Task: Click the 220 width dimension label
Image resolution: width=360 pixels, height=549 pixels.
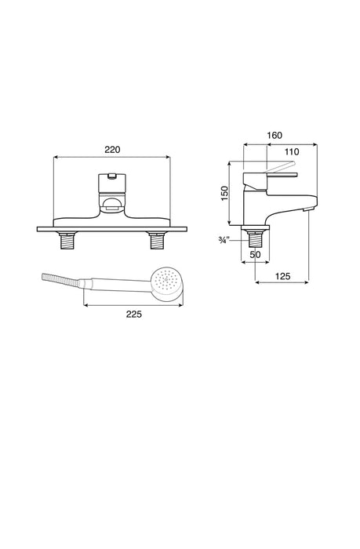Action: pyautogui.click(x=112, y=150)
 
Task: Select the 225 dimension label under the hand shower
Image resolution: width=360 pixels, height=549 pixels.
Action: pyautogui.click(x=134, y=314)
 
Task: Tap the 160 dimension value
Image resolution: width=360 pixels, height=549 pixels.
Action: pyautogui.click(x=275, y=135)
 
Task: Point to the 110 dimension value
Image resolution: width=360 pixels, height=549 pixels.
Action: pyautogui.click(x=292, y=151)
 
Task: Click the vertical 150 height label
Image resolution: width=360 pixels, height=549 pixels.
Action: pyautogui.click(x=224, y=193)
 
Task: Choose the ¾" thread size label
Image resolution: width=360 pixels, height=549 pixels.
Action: pyautogui.click(x=224, y=240)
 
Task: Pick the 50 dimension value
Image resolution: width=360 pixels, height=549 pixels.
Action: pyautogui.click(x=255, y=255)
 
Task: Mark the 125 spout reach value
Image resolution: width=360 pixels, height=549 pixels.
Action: pyautogui.click(x=282, y=276)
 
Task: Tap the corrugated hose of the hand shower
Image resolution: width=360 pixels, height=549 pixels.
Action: pyautogui.click(x=60, y=279)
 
